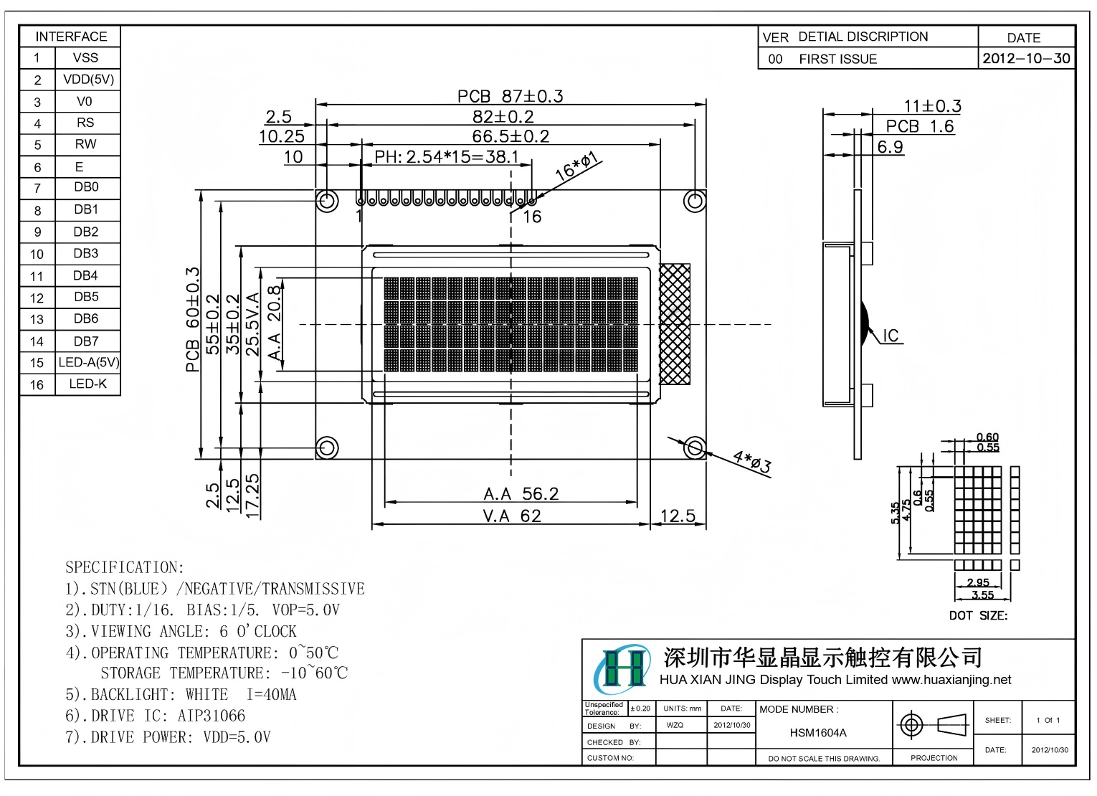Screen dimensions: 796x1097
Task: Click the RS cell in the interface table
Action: coord(85,123)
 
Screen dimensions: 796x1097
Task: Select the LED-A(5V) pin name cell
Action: coord(88,362)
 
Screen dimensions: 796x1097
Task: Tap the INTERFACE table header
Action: coord(70,37)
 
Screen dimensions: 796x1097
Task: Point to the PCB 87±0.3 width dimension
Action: coord(510,96)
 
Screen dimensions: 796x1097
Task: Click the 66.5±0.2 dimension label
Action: coord(510,136)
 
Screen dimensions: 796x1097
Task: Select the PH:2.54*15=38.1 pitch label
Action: coord(446,156)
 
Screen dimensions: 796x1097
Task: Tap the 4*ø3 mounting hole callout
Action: coord(751,462)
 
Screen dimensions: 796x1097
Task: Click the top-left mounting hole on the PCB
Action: coord(327,200)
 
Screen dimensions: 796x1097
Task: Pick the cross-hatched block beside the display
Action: coord(674,324)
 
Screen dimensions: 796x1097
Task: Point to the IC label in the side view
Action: coord(891,336)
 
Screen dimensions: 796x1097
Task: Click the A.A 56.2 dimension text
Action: coord(521,493)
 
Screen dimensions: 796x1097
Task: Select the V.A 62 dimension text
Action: coord(511,516)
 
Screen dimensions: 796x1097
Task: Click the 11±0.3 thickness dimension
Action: coord(932,106)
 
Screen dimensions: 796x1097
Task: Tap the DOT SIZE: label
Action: coord(978,615)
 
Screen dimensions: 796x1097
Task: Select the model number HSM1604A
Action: coord(817,732)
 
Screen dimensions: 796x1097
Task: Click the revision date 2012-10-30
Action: coord(1026,58)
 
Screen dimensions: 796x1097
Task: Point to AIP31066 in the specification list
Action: coord(212,716)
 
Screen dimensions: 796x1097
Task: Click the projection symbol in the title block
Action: coord(933,725)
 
